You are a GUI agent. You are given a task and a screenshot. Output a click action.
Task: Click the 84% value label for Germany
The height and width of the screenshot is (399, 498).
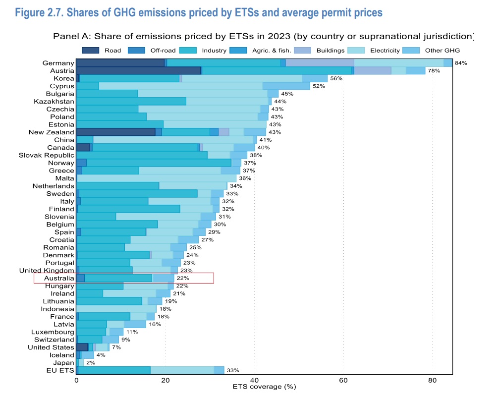[x=461, y=63]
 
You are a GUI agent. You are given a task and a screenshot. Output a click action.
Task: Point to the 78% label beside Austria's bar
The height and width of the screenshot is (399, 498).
[x=434, y=71]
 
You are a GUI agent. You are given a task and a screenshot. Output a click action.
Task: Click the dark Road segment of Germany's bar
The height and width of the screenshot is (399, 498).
[x=120, y=62]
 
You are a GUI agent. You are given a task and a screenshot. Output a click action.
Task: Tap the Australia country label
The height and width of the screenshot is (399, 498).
[x=59, y=279]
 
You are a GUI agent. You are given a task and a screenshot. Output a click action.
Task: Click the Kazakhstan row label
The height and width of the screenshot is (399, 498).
[x=54, y=101]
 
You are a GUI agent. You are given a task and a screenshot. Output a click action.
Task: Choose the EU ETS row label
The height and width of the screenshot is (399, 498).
[x=60, y=371]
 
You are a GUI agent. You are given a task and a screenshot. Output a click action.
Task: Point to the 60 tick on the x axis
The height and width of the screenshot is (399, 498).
[x=343, y=380]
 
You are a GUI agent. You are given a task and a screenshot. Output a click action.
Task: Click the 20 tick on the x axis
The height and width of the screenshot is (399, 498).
[x=166, y=380]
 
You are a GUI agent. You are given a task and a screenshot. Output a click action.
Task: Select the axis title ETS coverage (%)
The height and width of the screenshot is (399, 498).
[x=264, y=386]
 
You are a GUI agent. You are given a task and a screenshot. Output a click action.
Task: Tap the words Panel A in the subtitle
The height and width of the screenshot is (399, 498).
[x=71, y=36]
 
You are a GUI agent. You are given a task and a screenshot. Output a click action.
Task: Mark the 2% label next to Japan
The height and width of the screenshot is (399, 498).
[x=91, y=363]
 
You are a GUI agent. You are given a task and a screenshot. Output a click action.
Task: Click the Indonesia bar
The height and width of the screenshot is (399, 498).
[x=116, y=309]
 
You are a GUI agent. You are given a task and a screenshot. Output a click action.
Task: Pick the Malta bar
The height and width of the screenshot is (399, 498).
[x=157, y=178]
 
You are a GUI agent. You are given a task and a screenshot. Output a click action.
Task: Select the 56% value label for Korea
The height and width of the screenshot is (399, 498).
[x=336, y=78]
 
